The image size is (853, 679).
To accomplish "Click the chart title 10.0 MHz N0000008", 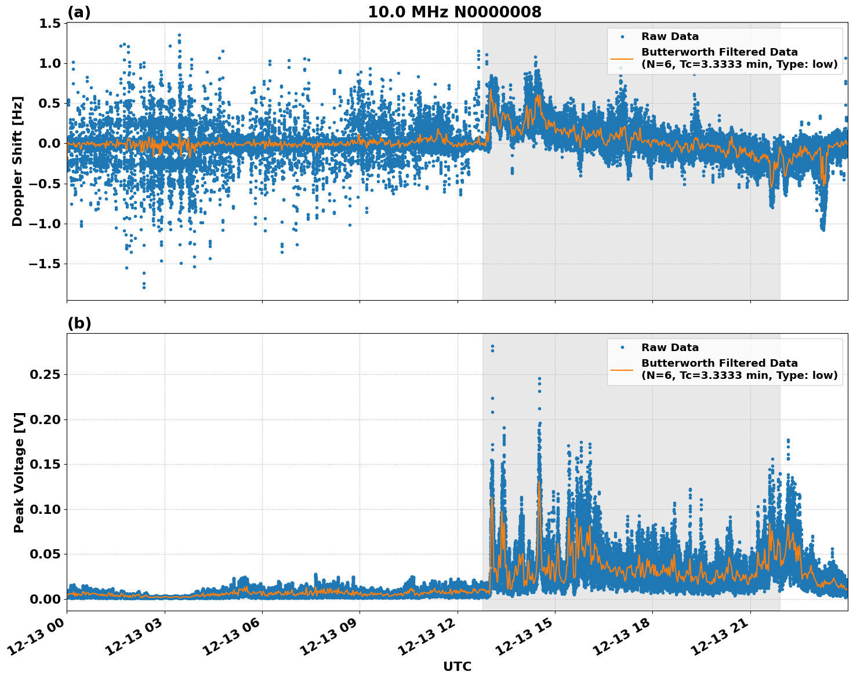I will point(454,12).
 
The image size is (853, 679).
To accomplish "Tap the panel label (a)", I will point(79,12).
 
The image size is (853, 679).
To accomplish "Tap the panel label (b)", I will point(79,323).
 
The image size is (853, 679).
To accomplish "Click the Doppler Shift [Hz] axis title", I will point(17,161).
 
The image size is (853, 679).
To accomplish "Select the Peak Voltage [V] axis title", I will point(19,472).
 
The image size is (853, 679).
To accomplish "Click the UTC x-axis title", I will point(457,666).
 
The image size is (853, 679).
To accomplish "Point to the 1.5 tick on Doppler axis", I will point(50,23).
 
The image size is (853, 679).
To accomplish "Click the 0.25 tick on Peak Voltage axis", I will point(45,375).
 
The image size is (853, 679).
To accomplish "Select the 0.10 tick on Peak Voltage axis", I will point(45,509).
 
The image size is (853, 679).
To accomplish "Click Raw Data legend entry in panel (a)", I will point(670,36).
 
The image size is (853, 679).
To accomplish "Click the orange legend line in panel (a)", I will point(622,58).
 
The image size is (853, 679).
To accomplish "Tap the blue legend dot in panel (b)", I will point(622,348).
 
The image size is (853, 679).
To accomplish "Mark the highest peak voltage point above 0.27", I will point(492,346).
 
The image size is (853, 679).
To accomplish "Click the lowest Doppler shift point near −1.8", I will point(144,287).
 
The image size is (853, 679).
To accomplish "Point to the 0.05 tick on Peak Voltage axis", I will point(45,554).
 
